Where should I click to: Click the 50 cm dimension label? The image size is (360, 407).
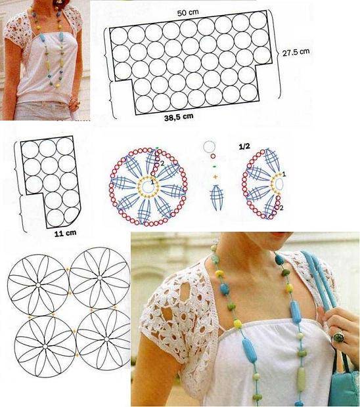[x=188, y=12]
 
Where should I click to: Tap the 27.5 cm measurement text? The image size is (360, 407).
[x=296, y=52]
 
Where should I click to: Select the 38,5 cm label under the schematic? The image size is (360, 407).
[x=179, y=118]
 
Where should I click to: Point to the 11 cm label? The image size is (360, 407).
[x=65, y=233]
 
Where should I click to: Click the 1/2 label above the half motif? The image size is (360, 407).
[x=244, y=146]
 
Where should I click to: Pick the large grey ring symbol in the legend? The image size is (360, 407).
[x=209, y=147]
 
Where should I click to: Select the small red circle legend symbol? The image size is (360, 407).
[x=213, y=156]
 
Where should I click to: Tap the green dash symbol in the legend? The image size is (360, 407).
[x=214, y=166]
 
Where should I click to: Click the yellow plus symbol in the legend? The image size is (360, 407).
[x=215, y=177]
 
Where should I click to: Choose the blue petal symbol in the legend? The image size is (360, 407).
[x=217, y=198]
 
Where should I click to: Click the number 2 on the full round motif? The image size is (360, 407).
[x=162, y=163]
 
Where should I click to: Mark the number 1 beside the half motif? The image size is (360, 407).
[x=284, y=174]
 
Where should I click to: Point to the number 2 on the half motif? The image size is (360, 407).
[x=282, y=207]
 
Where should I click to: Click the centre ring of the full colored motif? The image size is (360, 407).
[x=148, y=186]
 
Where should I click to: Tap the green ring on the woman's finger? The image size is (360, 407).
[x=339, y=337]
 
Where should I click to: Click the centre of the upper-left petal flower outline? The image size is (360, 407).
[x=38, y=285]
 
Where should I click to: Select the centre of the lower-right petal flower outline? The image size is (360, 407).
[x=106, y=339]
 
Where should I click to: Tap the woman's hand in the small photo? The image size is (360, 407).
[x=75, y=103]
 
